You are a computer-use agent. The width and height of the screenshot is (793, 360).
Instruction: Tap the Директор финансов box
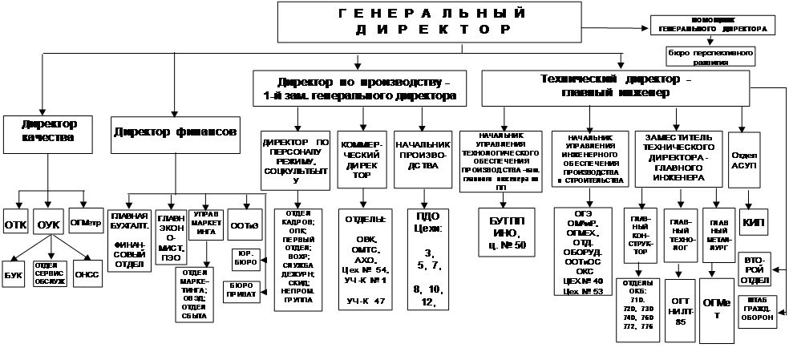point(172,131)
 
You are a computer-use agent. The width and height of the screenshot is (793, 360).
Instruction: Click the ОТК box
point(16,224)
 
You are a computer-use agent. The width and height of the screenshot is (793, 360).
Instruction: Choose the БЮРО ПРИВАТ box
point(240,290)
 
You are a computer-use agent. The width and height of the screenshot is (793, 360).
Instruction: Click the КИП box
point(755,222)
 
